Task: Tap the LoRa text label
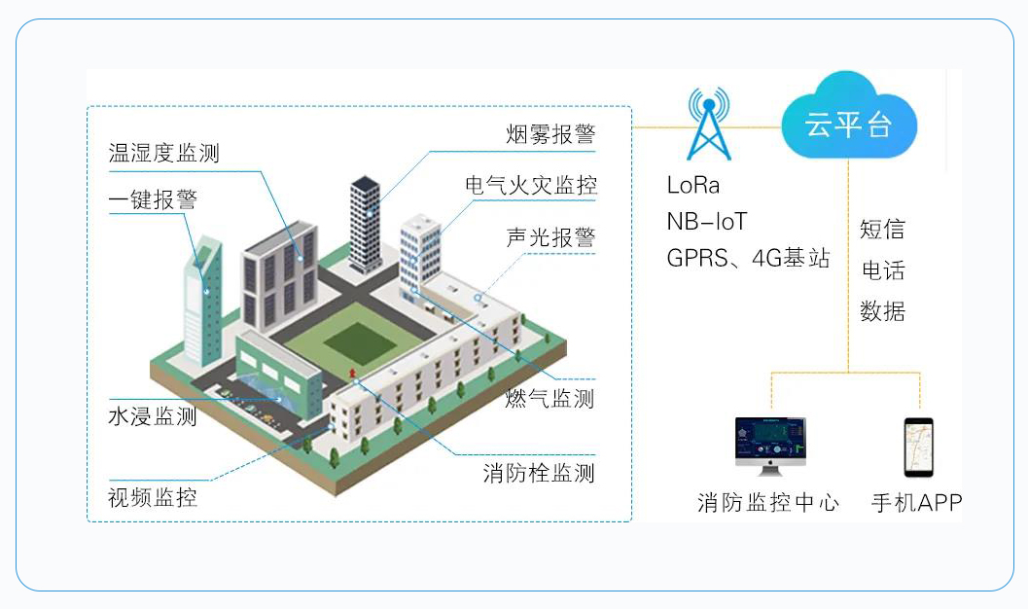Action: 693,185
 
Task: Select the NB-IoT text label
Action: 707,222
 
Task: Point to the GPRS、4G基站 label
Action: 748,258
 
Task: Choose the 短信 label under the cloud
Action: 882,230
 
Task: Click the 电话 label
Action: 882,270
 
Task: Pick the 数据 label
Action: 882,311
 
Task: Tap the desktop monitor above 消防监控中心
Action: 769,445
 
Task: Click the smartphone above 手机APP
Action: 918,448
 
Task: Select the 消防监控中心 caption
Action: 768,503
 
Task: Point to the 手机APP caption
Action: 916,503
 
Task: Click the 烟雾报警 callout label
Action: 550,134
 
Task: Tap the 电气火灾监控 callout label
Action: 531,185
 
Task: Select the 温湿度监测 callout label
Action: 164,153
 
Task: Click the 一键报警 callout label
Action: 153,199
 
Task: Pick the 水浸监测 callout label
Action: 153,416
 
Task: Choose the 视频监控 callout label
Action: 153,497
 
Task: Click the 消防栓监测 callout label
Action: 539,474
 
